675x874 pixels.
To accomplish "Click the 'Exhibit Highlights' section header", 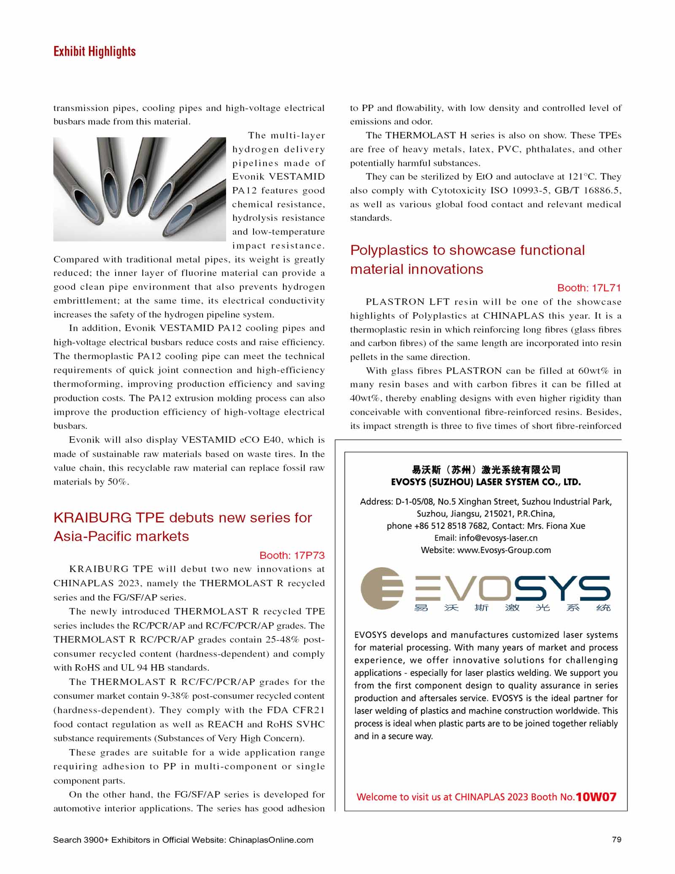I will (94, 51).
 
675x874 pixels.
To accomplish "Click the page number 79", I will (616, 839).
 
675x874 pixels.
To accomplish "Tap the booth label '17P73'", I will (308, 555).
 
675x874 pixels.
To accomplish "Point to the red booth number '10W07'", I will (596, 797).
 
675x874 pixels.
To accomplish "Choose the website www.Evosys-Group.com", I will (504, 550).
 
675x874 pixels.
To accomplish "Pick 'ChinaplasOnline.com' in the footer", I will (271, 840).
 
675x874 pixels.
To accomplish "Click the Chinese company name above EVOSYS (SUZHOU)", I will (486, 470).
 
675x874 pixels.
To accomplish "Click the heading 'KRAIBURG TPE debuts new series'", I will (183, 517).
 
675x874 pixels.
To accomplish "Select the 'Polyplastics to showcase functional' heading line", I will (467, 250).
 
